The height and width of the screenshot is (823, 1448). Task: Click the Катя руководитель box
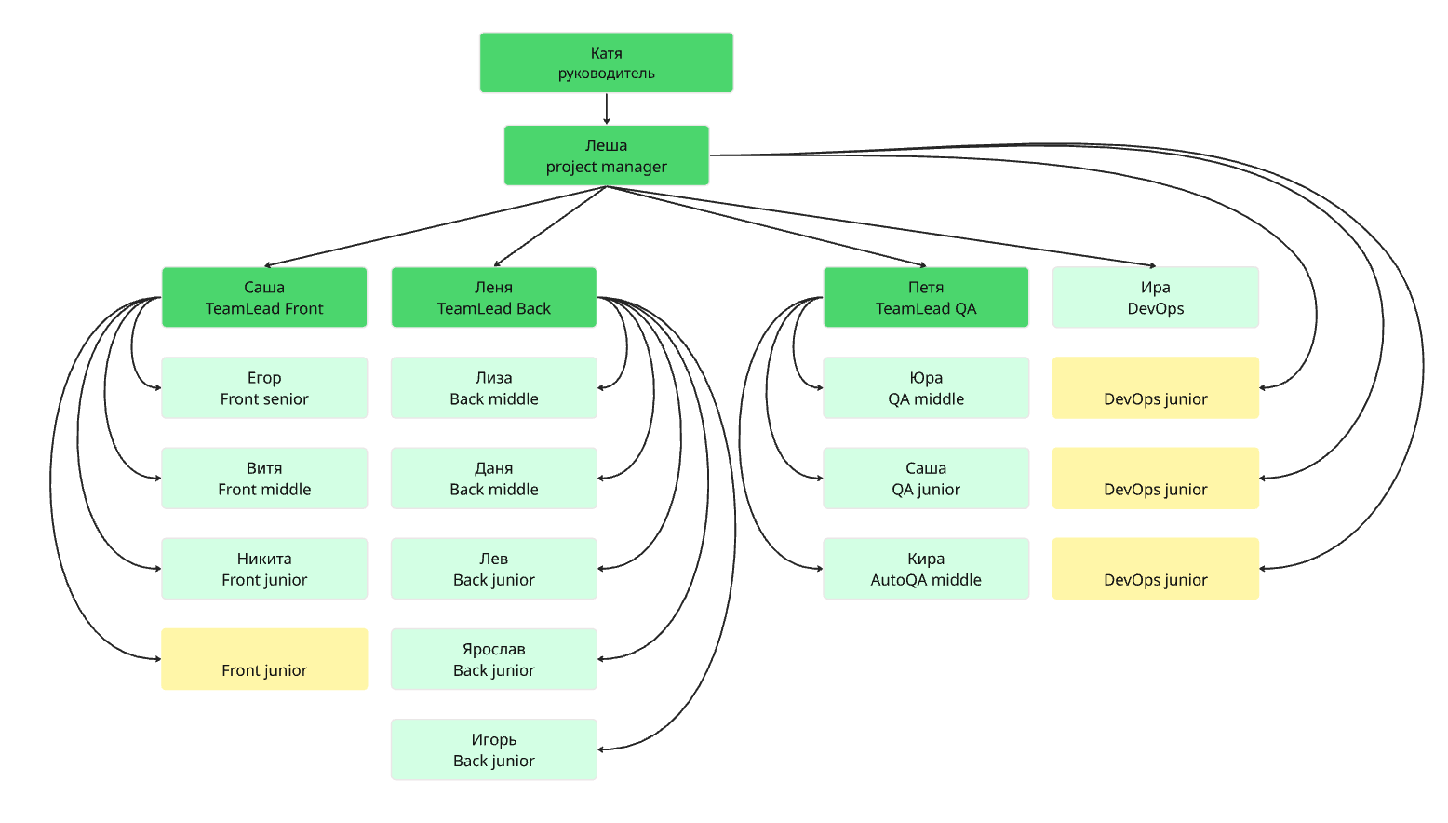607,62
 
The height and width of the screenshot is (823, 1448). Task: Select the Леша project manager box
607,155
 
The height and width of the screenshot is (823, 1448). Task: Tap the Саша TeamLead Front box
264,297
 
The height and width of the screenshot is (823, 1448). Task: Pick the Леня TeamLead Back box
494,297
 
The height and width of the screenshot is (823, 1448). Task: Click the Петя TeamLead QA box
926,297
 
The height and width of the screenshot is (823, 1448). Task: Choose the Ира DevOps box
1156,297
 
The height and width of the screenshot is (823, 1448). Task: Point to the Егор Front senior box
264,388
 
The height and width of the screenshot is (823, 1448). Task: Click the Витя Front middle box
264,479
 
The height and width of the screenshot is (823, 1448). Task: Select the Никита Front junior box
264,569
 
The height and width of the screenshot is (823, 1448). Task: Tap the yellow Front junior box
264,659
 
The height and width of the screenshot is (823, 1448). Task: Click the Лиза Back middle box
494,388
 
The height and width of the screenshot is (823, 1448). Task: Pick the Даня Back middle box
494,479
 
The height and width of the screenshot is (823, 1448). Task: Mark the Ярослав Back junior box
494,659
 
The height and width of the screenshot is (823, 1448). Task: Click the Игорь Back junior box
494,750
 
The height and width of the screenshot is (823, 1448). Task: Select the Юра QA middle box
926,388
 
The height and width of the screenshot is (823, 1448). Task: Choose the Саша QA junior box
926,479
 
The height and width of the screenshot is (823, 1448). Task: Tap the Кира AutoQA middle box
926,569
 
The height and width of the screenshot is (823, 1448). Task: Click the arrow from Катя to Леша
607,109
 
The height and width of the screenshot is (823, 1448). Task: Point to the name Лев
494,559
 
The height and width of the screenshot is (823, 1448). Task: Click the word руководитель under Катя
607,74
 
